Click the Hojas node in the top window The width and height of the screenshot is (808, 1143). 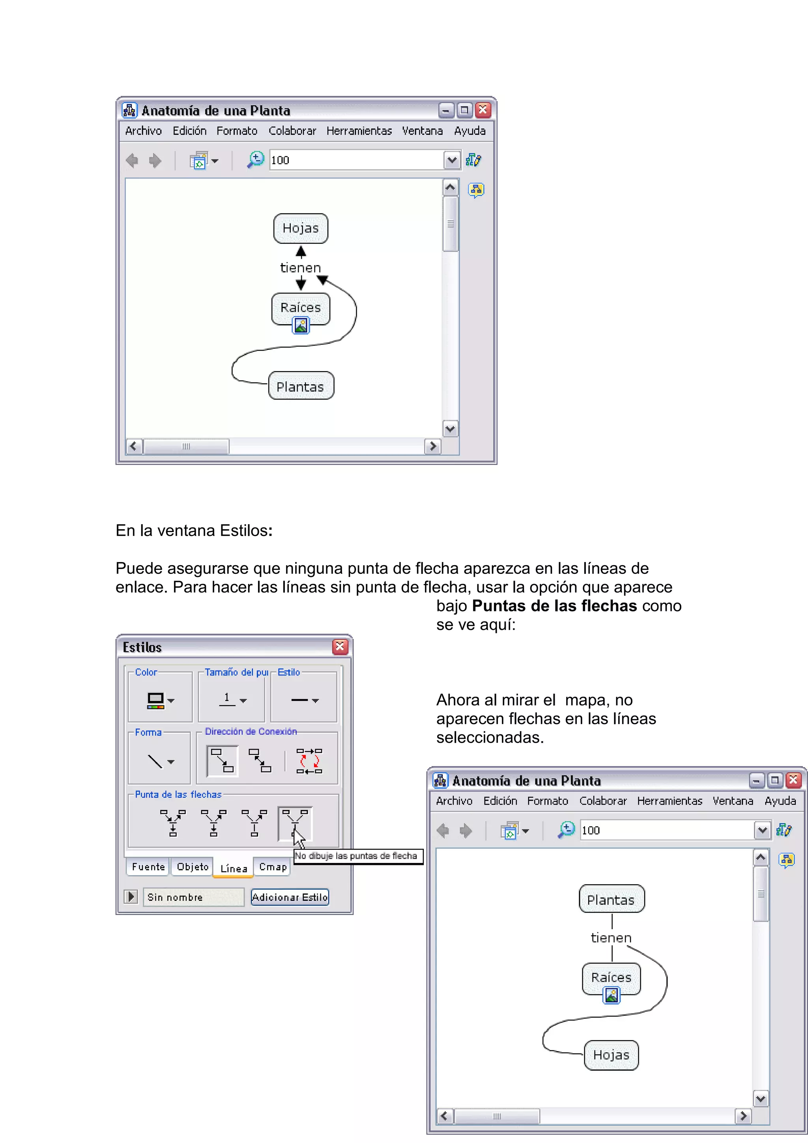[x=301, y=228]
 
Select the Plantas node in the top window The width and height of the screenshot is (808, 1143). [x=301, y=386]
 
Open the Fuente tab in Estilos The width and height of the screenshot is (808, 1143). [x=148, y=867]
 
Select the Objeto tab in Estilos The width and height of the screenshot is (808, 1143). [x=193, y=867]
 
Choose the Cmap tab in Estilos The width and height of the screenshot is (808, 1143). [x=273, y=867]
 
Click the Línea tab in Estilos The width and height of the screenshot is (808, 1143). [x=234, y=868]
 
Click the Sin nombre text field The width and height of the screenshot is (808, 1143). [x=193, y=897]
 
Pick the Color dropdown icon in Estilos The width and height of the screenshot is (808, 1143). [x=160, y=700]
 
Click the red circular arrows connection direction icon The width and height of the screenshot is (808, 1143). [x=309, y=761]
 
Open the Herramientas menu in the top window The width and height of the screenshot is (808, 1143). [x=359, y=131]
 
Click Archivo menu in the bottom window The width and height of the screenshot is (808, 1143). [x=454, y=801]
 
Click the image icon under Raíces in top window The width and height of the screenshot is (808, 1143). [x=301, y=325]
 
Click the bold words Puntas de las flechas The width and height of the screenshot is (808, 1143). [x=554, y=606]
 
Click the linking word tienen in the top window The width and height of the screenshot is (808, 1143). [x=301, y=268]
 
